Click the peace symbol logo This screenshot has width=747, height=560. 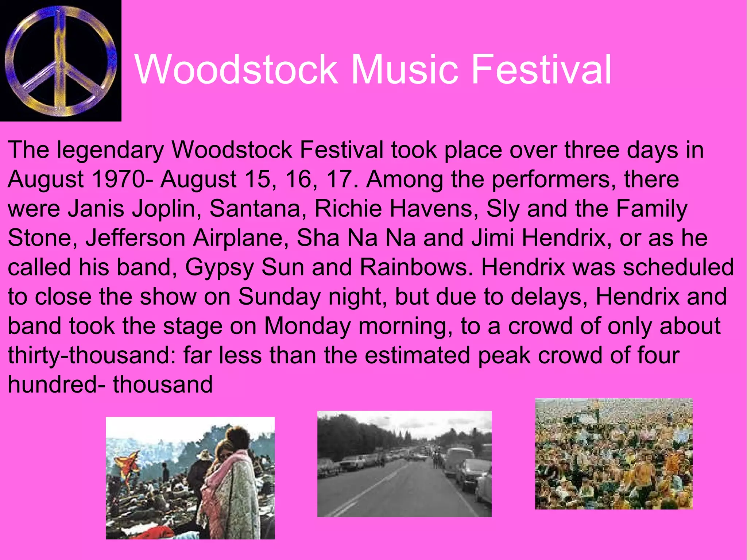61,61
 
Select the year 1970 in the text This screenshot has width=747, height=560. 118,179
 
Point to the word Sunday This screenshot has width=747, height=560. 279,297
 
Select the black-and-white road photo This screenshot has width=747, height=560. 404,464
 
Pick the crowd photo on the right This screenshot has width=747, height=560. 614,453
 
